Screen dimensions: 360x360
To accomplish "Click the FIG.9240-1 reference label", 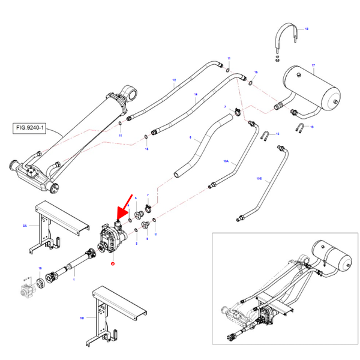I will [x=29, y=128].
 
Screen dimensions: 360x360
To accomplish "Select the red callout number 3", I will [x=112, y=262].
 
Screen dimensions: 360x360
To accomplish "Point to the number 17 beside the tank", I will [x=313, y=64].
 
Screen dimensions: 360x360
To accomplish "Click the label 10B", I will [x=259, y=178].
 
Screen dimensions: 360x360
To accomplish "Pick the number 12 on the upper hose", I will [x=174, y=80].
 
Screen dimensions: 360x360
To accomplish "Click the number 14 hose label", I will [x=195, y=95].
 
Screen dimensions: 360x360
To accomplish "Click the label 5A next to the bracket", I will [x=25, y=226].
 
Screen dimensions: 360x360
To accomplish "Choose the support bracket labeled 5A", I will [x=54, y=224].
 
